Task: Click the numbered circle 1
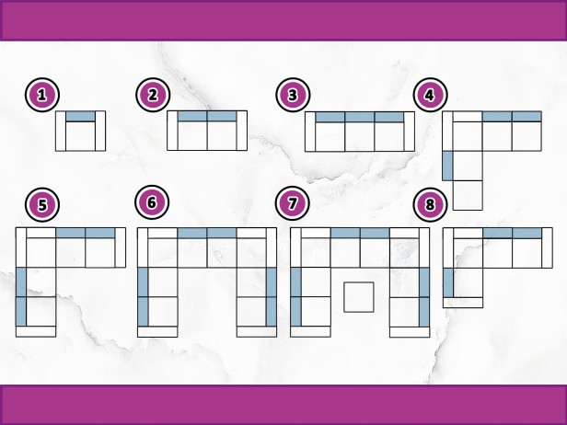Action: click(42, 95)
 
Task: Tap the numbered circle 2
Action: click(153, 95)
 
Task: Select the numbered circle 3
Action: click(293, 95)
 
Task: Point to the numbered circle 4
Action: click(431, 95)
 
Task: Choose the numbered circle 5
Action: click(42, 204)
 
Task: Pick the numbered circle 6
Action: click(152, 202)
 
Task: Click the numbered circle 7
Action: click(292, 203)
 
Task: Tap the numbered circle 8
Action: click(431, 204)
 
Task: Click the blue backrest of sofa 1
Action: click(81, 116)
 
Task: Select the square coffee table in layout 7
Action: click(359, 297)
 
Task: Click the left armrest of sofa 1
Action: click(61, 131)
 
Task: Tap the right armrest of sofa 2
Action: click(242, 131)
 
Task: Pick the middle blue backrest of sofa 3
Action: click(360, 117)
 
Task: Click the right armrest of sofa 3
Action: click(410, 132)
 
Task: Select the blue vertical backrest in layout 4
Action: click(447, 166)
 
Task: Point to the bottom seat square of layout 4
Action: click(468, 195)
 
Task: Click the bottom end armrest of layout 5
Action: click(36, 331)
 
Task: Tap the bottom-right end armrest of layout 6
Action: click(257, 331)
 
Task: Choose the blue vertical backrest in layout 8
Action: click(448, 282)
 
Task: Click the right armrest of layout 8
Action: click(547, 247)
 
